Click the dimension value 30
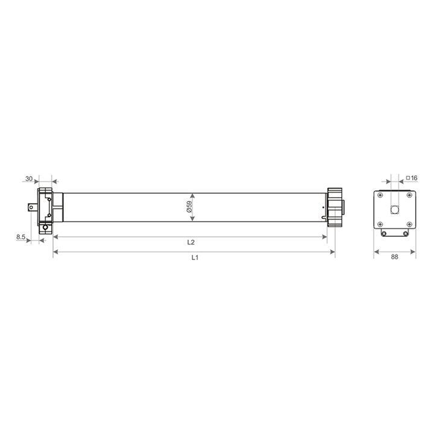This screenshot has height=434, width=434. tap(28, 179)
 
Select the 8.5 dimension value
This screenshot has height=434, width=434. tap(21, 237)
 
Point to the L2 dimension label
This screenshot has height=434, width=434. tap(190, 242)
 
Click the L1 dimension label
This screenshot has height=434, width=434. tap(195, 258)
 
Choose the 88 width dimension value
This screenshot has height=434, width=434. tap(395, 257)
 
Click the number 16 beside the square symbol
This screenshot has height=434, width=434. tap(415, 178)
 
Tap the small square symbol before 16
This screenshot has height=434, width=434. tap(408, 178)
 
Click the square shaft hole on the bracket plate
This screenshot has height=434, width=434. tap(395, 210)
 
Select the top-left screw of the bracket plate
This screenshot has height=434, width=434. tap(380, 196)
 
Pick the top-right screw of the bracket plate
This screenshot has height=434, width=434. tap(409, 196)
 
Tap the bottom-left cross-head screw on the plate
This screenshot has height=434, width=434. tap(380, 224)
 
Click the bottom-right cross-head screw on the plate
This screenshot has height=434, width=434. tap(409, 224)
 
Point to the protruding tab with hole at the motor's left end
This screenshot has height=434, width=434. tap(31, 207)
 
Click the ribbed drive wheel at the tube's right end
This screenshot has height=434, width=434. tap(335, 207)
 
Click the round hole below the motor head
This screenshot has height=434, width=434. tap(44, 227)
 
